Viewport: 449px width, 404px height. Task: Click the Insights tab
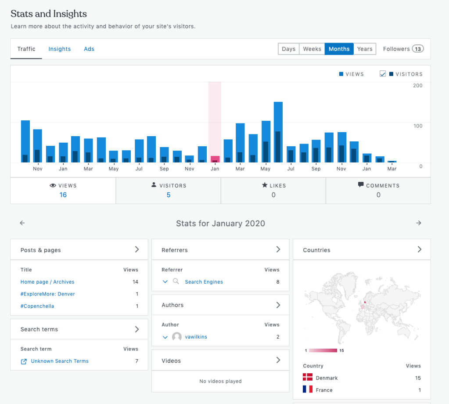point(59,49)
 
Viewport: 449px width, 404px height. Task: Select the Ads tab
point(89,49)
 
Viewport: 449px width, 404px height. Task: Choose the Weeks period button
point(312,49)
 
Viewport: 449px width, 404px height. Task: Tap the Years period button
point(365,49)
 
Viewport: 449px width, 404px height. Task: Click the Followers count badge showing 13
point(418,49)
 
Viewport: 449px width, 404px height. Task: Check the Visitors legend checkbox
point(383,74)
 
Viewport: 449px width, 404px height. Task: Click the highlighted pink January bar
point(215,159)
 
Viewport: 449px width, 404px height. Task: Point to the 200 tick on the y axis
point(417,86)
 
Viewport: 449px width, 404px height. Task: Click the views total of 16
point(63,195)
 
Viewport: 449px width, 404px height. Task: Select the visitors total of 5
point(169,195)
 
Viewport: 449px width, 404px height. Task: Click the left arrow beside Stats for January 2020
point(22,223)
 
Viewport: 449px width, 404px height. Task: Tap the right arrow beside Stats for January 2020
point(419,223)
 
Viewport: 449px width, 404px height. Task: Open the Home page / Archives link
point(47,282)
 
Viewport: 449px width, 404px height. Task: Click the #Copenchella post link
point(37,306)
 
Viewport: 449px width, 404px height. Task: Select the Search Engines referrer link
point(204,282)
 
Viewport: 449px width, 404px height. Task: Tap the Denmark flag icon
point(308,378)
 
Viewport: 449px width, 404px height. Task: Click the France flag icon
point(308,390)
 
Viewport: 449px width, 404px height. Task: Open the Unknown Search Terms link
point(60,361)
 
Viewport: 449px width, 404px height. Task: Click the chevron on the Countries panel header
point(419,249)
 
